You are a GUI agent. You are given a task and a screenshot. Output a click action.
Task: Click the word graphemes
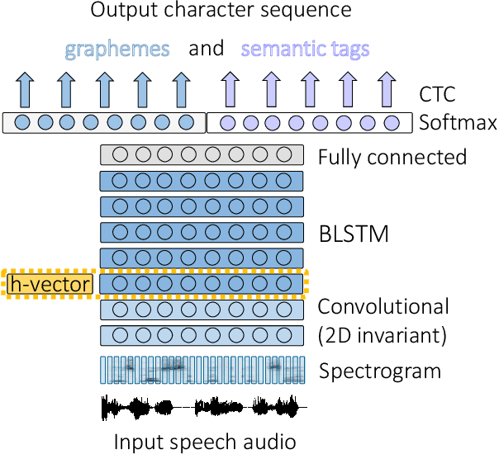[116, 49]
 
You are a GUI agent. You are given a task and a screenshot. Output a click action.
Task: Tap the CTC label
[440, 93]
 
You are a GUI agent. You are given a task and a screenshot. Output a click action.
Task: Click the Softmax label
[458, 124]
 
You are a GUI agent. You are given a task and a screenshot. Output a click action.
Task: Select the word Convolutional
[383, 307]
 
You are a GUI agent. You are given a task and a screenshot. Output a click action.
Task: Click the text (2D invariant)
[383, 335]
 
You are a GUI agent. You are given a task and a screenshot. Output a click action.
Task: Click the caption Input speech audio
[204, 442]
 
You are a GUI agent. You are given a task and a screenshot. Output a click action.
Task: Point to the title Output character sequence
[221, 12]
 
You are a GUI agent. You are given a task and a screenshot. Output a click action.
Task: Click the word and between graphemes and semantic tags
[207, 49]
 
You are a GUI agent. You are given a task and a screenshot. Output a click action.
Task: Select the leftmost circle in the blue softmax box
[22, 124]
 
